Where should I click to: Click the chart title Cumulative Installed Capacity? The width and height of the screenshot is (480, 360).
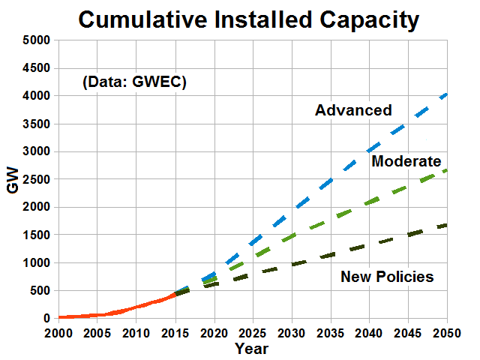pyautogui.click(x=248, y=20)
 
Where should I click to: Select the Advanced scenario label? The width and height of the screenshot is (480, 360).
pyautogui.click(x=353, y=110)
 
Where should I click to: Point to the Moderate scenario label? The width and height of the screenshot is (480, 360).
pyautogui.click(x=406, y=160)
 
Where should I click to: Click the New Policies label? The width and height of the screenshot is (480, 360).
pyautogui.click(x=387, y=277)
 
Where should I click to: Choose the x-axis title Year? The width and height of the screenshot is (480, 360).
pyautogui.click(x=250, y=349)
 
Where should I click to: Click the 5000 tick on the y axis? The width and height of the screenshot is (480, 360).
pyautogui.click(x=35, y=40)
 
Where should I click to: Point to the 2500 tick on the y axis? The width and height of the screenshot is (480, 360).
pyautogui.click(x=35, y=179)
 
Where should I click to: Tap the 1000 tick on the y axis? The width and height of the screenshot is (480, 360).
pyautogui.click(x=35, y=262)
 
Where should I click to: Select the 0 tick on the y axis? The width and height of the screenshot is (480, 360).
pyautogui.click(x=46, y=319)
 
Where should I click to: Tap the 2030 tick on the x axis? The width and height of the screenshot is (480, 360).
pyautogui.click(x=291, y=333)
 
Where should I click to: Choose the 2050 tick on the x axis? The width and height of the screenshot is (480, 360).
pyautogui.click(x=448, y=333)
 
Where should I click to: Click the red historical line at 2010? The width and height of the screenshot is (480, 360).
pyautogui.click(x=135, y=307)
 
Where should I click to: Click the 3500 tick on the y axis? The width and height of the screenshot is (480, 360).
pyautogui.click(x=35, y=124)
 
